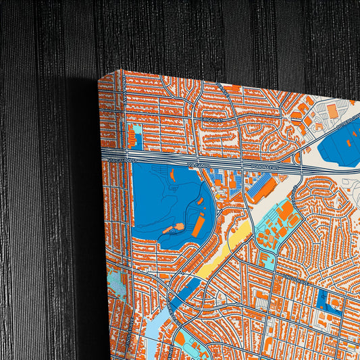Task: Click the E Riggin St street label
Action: (x=207, y=120)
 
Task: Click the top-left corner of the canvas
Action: (x=100, y=77)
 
